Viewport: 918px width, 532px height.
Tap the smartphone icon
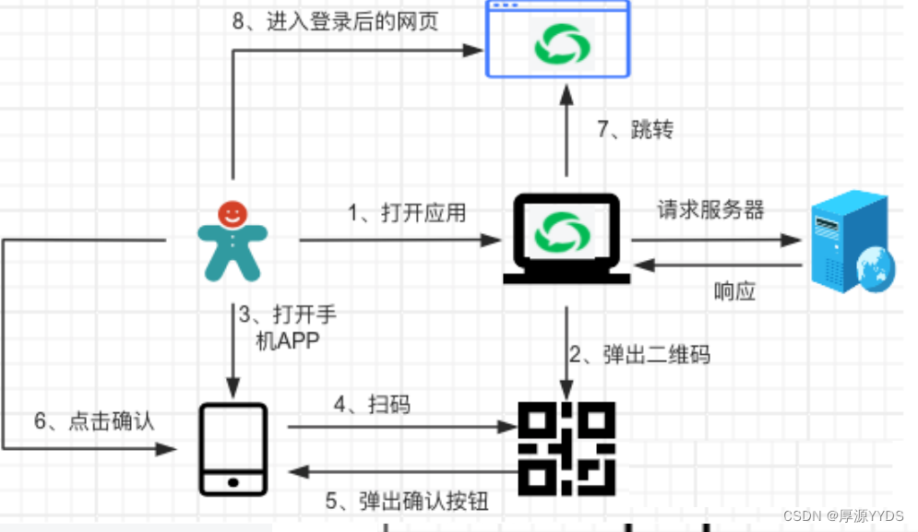coord(233,448)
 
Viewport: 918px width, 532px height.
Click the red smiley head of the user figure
coord(232,214)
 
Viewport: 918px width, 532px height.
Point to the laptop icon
coord(566,238)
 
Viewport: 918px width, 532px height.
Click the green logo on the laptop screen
coord(564,230)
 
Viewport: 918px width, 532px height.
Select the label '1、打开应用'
coord(406,213)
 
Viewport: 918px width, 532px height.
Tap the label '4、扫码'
coord(371,404)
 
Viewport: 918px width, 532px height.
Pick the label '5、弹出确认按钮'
coord(406,502)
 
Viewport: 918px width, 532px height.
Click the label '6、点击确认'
coord(93,421)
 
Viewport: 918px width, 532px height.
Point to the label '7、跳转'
coord(635,129)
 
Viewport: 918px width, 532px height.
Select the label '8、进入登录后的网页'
coord(334,21)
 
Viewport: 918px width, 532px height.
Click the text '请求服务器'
coord(710,209)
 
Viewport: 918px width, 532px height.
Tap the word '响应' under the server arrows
coord(734,292)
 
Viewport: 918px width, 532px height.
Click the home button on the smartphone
coord(233,481)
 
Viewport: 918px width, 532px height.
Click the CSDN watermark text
coord(838,515)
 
